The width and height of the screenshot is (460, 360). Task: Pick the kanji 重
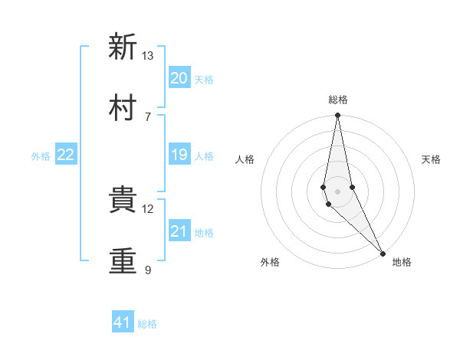123,260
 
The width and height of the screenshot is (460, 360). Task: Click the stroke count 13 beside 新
148,56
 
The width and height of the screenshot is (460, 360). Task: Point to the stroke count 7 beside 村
148,116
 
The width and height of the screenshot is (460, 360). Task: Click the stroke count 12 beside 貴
148,208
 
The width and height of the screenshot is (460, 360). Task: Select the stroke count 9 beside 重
148,270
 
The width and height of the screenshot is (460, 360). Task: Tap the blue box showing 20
179,78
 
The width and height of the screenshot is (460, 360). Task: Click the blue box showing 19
179,155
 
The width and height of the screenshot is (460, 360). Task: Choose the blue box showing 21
179,231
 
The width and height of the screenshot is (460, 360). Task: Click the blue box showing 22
66,155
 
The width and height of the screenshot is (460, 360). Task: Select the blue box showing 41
123,322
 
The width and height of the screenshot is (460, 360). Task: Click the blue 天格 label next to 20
204,80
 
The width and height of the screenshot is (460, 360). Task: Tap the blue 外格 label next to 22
41,156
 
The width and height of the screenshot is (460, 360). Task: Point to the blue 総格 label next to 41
147,324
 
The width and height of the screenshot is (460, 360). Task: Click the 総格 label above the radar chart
337,100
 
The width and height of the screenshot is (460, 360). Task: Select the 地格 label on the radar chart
402,262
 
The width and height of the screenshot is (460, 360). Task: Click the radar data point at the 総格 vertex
337,116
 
